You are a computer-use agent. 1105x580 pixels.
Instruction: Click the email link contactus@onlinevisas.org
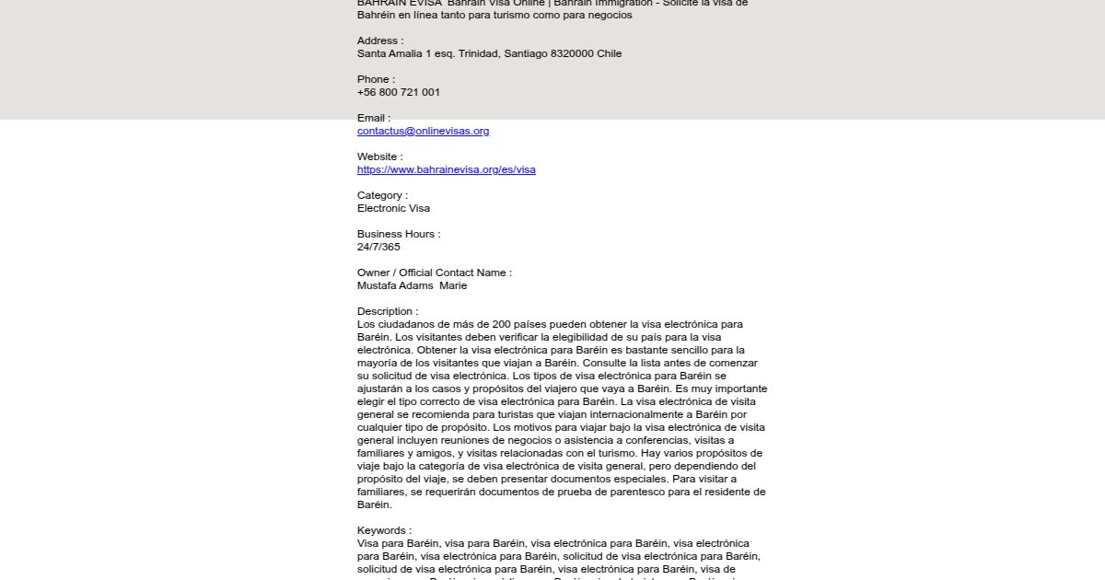click(423, 131)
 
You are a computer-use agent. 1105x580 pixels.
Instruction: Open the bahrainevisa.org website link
click(446, 169)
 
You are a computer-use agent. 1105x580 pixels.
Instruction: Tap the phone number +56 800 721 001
click(398, 92)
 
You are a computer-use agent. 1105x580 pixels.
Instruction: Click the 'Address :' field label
click(379, 41)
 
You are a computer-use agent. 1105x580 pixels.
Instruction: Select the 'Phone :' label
click(376, 79)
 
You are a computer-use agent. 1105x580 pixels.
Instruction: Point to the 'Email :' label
click(373, 118)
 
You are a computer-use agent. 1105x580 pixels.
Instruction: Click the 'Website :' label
click(379, 157)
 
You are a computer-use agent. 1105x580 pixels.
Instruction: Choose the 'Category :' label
click(382, 195)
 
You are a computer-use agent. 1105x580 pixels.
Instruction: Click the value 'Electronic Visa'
click(393, 208)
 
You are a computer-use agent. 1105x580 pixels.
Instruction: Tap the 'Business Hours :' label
click(398, 234)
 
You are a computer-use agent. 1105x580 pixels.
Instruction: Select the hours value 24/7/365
click(378, 247)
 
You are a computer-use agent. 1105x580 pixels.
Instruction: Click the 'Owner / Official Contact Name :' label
click(434, 273)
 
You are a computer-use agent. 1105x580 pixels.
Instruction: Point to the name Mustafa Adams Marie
click(412, 285)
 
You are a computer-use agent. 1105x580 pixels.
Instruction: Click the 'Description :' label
click(387, 311)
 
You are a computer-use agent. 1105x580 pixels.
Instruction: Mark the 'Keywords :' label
click(384, 530)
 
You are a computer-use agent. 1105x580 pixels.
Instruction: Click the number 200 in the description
click(501, 324)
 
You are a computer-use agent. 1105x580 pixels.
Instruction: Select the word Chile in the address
click(609, 53)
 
